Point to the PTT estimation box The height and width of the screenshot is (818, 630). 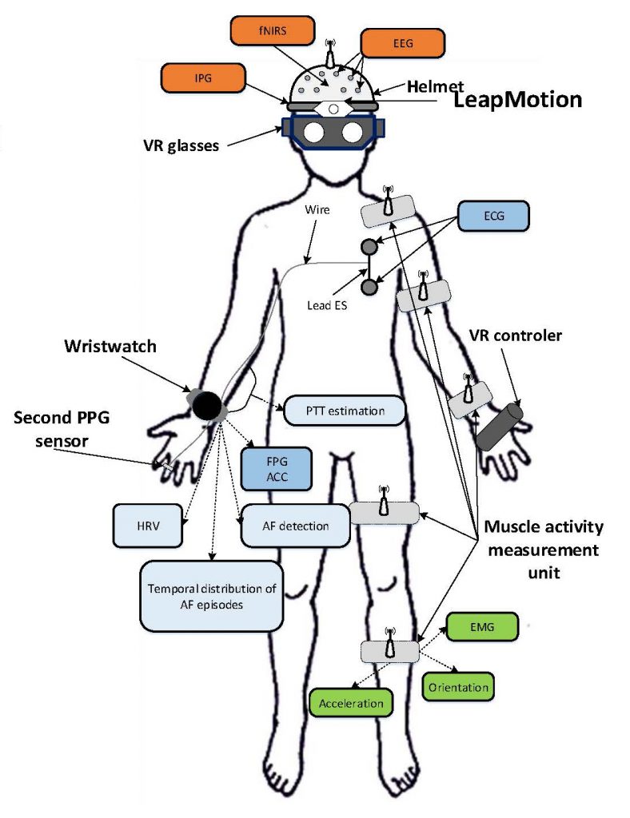click(x=345, y=411)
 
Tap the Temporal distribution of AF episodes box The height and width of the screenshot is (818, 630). click(x=212, y=597)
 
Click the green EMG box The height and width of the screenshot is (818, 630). click(x=482, y=629)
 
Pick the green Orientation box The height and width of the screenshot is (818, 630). click(x=457, y=686)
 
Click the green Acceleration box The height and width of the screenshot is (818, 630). click(x=351, y=704)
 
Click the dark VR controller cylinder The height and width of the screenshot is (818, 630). click(x=499, y=427)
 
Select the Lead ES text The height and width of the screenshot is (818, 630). click(x=329, y=304)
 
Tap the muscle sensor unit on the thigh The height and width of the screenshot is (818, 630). click(x=385, y=512)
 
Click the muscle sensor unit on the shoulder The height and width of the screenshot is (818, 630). click(x=389, y=212)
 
